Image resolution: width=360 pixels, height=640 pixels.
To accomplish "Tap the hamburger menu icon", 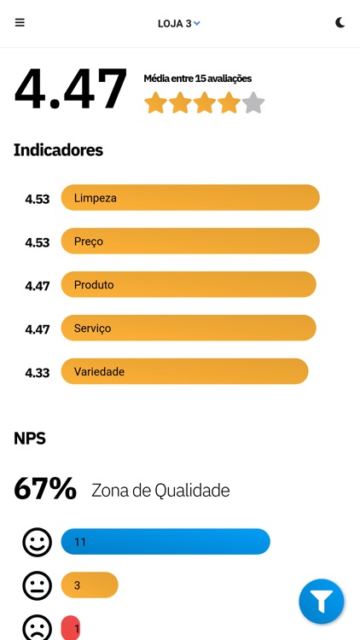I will tap(20, 23).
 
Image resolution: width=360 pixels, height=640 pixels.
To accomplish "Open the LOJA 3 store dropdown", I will tap(179, 23).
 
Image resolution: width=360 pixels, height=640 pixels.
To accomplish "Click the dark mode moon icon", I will tap(340, 23).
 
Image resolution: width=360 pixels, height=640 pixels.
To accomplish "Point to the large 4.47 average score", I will tap(71, 89).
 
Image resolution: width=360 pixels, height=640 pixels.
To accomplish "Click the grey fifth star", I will tap(253, 103).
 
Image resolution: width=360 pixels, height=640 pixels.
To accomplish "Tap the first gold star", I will tap(155, 103).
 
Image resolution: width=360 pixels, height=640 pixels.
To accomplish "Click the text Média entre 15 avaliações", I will tap(197, 79).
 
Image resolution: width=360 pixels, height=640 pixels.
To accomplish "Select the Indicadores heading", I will tap(58, 150).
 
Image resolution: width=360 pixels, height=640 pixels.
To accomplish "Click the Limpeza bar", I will tap(190, 198).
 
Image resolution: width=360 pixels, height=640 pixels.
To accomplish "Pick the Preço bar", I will tap(190, 241).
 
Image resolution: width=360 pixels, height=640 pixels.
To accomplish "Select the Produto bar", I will tap(189, 285).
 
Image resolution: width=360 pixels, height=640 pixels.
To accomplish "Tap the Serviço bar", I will tap(189, 329).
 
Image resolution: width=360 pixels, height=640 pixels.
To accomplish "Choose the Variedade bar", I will tap(184, 372).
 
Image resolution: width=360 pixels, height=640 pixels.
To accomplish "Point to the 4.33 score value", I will tap(37, 373).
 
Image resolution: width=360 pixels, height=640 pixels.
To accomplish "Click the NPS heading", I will tap(30, 439).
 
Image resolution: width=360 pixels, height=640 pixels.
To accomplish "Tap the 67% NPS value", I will tap(45, 489).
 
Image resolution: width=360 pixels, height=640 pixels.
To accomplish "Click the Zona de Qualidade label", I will tap(160, 491).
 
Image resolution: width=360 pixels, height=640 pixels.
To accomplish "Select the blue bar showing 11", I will tap(165, 542).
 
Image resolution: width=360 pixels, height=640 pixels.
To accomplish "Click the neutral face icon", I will tap(37, 585).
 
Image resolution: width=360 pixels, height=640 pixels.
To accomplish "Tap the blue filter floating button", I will tap(321, 602).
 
